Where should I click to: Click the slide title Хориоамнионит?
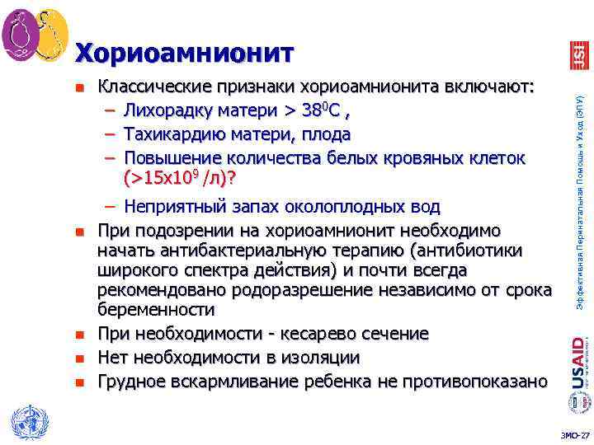pyautogui.click(x=184, y=54)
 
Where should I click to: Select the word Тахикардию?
pyautogui.click(x=174, y=133)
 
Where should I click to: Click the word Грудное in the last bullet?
pyautogui.click(x=131, y=381)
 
